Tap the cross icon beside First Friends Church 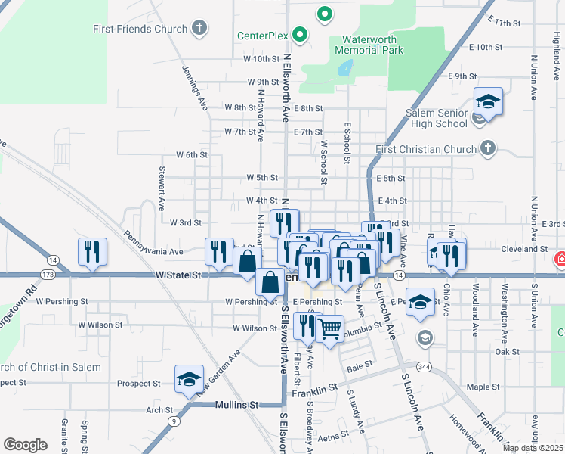[199, 30]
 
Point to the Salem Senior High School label [437, 118]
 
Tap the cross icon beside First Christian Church [488, 148]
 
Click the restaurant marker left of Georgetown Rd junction [92, 253]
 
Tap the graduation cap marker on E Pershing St [421, 302]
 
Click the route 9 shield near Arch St [174, 421]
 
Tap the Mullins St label [238, 406]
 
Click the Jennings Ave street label [195, 88]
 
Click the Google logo [25, 445]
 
